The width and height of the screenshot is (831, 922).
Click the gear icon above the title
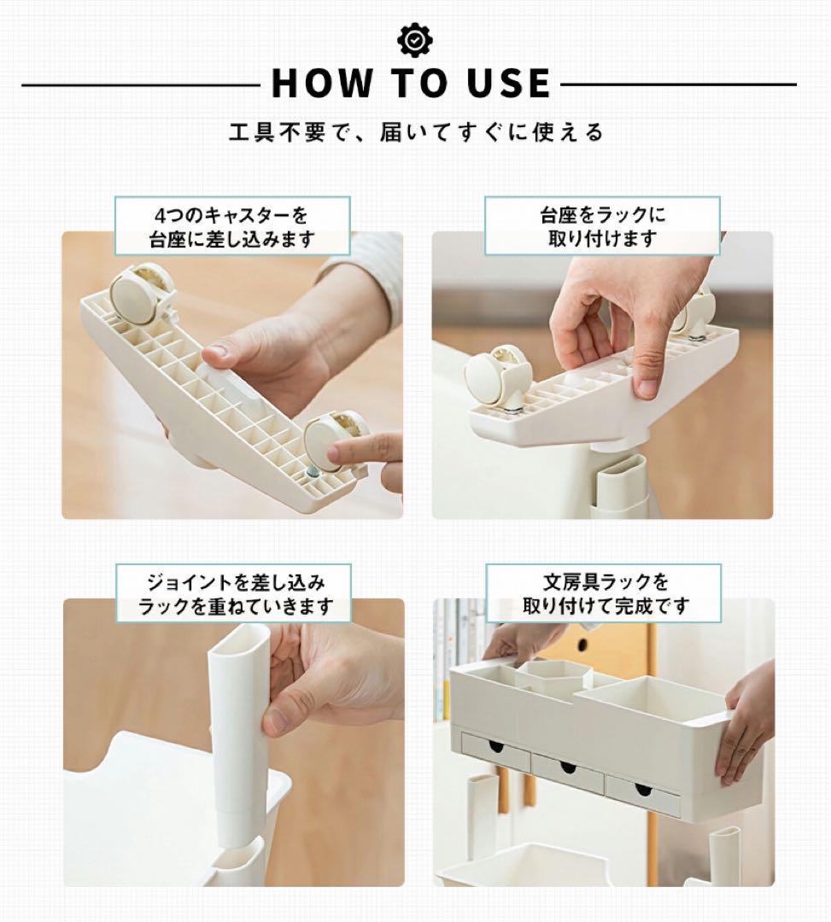pyautogui.click(x=415, y=40)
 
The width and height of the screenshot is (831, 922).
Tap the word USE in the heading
pyautogui.click(x=509, y=83)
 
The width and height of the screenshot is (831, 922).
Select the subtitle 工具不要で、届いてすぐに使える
pyautogui.click(x=416, y=132)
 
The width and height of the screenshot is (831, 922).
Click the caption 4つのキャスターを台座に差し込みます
pyautogui.click(x=232, y=227)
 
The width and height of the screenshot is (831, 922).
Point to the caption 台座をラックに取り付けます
pyautogui.click(x=603, y=226)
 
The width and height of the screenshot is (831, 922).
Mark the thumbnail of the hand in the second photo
pyautogui.click(x=647, y=386)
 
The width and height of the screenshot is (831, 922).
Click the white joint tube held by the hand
pyautogui.click(x=238, y=736)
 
